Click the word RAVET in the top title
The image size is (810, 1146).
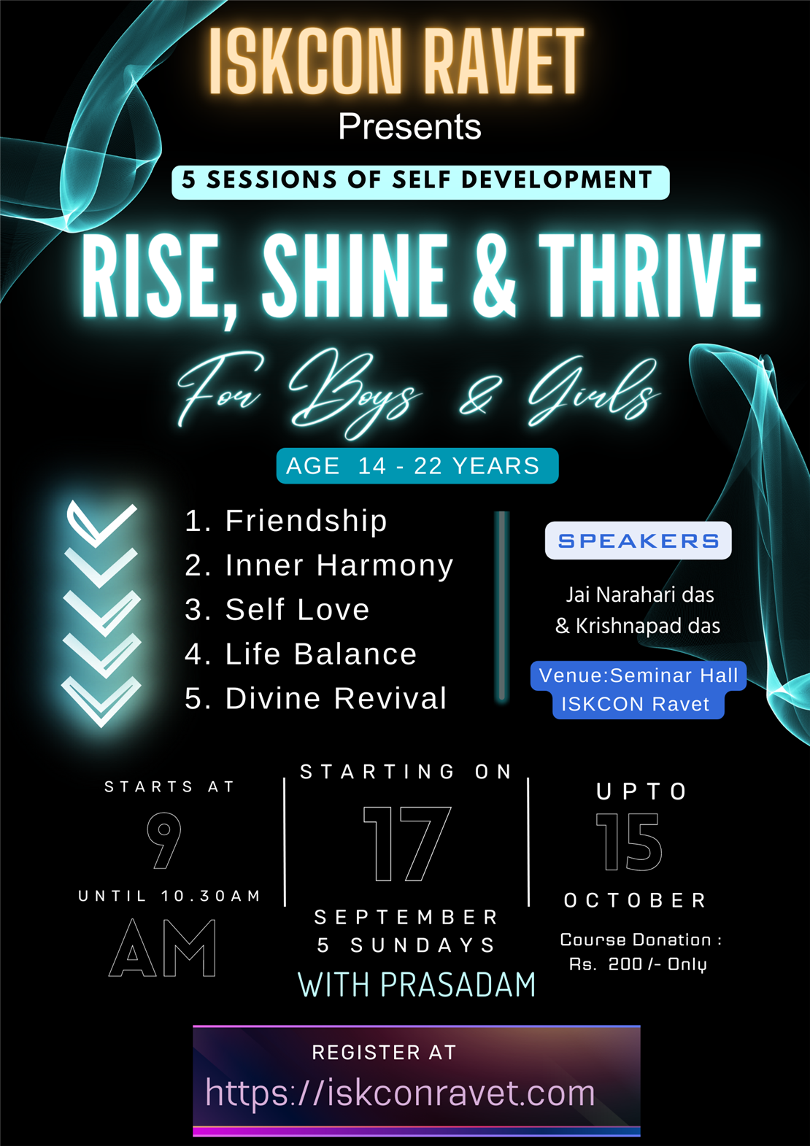coord(504,63)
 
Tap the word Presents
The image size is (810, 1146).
coord(409,127)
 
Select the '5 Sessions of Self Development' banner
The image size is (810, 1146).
coord(420,182)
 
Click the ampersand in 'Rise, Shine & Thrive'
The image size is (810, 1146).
coord(494,277)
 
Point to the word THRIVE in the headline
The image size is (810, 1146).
coord(649,277)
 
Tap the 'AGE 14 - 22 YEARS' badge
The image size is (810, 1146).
coord(417,466)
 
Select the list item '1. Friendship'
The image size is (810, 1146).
coord(285,521)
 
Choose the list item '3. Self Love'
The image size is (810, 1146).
coord(277,610)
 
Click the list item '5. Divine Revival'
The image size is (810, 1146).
coord(315,699)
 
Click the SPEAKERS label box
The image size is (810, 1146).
coord(638,541)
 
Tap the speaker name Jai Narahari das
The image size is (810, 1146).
coord(639,595)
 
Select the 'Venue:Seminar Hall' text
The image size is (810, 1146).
coord(639,675)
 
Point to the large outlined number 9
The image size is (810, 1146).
coord(164,841)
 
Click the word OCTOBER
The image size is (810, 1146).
coord(635,901)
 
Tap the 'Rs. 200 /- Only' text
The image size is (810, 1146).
coord(638,964)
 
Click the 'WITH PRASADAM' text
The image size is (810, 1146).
coord(417,986)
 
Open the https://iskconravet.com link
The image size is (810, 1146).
coord(400,1093)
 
